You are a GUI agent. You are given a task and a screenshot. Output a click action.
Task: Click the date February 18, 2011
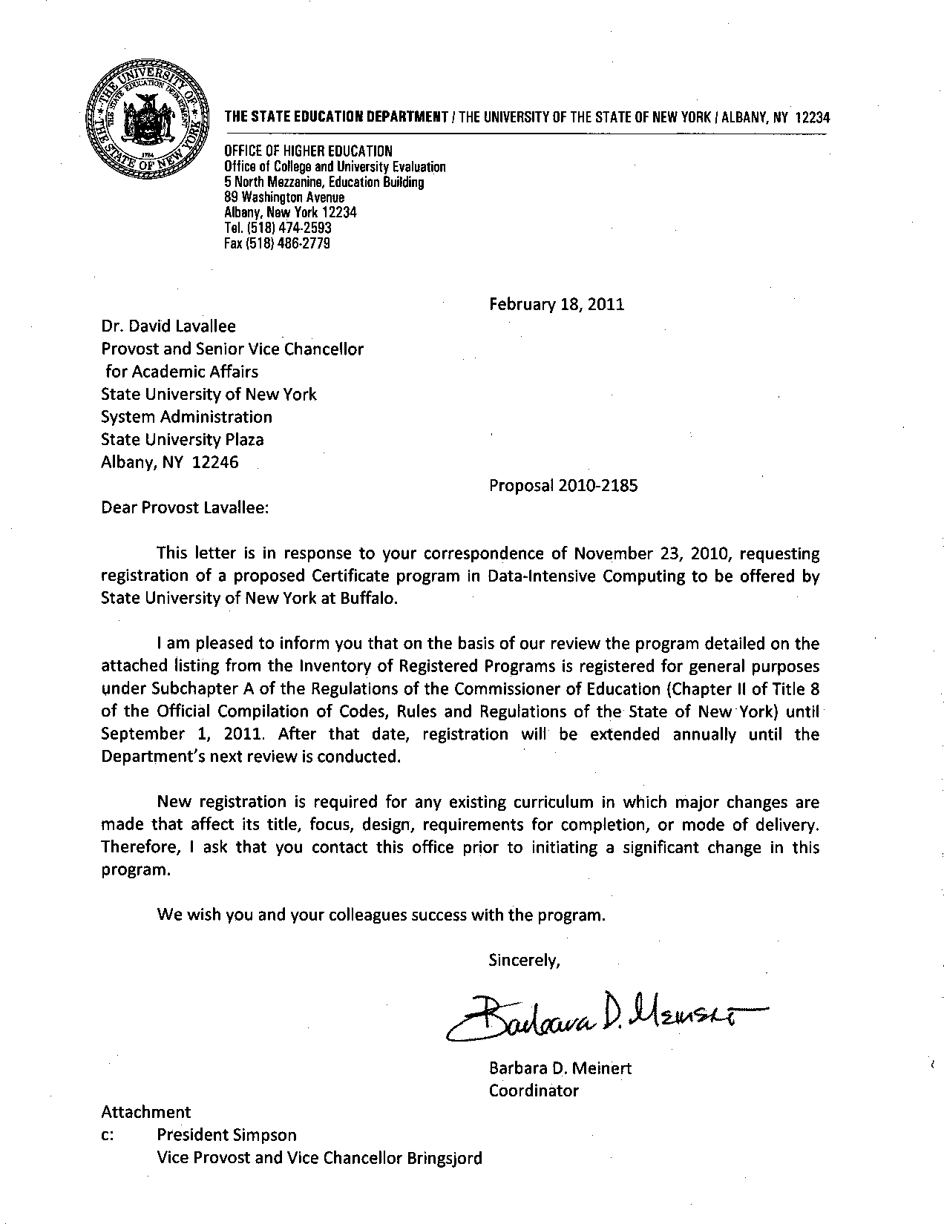click(557, 304)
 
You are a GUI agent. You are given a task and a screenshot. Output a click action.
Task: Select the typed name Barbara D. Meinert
click(560, 1068)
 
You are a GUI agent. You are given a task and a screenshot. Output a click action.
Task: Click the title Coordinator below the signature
click(533, 1090)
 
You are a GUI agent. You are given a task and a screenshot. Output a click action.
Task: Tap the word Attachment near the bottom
click(145, 1112)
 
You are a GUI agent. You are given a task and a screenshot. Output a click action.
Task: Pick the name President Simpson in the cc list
click(226, 1135)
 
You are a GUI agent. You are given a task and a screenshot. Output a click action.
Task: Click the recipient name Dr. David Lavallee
click(168, 326)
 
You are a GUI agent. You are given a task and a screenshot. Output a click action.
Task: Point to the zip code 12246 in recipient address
click(215, 463)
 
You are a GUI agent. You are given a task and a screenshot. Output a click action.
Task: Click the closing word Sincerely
click(523, 961)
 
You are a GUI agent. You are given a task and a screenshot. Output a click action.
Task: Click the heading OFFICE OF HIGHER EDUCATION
click(308, 152)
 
